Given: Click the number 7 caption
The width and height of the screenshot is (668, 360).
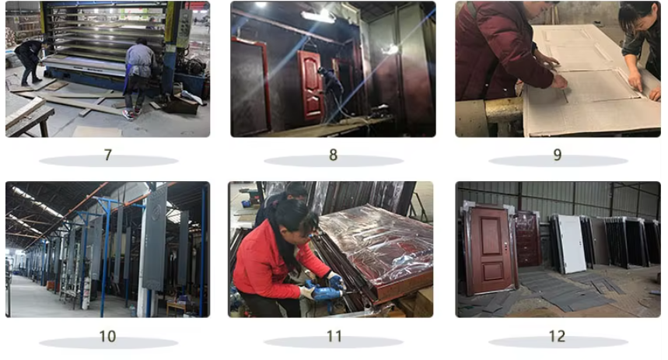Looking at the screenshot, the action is (x=108, y=155).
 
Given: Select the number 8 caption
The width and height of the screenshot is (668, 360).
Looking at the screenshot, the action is (x=333, y=155).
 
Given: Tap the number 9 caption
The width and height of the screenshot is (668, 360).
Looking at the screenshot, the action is (x=558, y=155).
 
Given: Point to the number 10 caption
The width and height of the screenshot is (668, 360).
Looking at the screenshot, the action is (x=108, y=337).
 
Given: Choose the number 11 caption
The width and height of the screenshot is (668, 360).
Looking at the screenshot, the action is (x=334, y=337).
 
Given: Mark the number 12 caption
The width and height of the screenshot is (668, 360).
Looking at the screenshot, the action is (x=558, y=337).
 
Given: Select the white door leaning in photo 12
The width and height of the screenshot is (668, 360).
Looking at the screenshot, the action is (x=572, y=243).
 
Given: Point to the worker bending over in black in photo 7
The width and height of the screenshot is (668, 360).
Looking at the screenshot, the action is (x=29, y=60).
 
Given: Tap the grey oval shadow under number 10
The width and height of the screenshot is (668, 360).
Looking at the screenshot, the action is (x=108, y=342).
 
